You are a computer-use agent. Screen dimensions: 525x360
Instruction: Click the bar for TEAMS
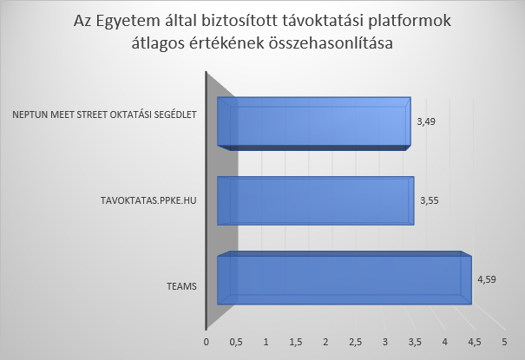point(345,278)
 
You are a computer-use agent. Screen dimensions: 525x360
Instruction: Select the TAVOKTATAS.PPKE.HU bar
point(315,200)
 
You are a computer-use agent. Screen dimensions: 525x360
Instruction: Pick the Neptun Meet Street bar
point(314,124)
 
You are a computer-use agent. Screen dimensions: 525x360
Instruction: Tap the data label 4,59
point(487,279)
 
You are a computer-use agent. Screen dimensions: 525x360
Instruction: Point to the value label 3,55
point(430,200)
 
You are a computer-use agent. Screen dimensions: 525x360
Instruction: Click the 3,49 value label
point(426,121)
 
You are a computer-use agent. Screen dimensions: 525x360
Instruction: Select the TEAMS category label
point(182,287)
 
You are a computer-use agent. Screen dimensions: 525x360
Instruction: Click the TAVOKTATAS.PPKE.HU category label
point(148,200)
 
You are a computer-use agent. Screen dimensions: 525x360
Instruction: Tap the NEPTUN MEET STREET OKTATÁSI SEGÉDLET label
point(104,115)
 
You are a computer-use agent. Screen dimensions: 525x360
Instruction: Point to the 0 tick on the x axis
point(207,343)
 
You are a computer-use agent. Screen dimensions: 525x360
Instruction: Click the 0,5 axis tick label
point(236,343)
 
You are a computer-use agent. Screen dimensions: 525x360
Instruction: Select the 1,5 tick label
point(296,343)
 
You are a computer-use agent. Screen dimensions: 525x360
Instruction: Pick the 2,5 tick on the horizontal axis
point(355,343)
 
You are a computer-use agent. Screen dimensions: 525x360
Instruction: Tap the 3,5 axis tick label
point(415,343)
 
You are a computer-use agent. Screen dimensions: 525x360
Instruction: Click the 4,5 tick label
point(475,343)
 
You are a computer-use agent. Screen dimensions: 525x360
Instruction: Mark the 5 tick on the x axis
point(504,343)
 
